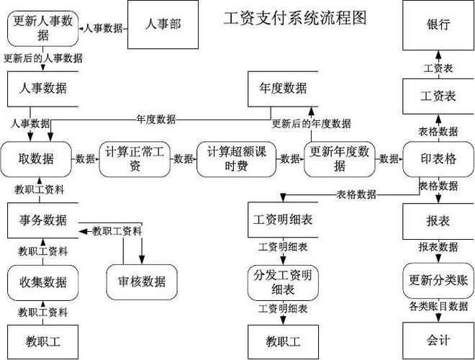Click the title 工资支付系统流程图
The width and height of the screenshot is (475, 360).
[295, 17]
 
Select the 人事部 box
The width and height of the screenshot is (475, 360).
[162, 24]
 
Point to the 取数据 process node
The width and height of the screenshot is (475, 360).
[37, 158]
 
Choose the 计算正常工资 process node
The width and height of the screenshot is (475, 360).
[135, 158]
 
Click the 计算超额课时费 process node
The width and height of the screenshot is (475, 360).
[237, 158]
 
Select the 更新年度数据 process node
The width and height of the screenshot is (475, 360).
[339, 158]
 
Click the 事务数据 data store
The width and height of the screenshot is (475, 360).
[43, 220]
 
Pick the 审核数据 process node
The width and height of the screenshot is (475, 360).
[142, 280]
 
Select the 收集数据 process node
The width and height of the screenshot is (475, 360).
[43, 281]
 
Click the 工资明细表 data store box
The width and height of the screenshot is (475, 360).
[283, 219]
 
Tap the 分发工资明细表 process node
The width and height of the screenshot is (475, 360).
[283, 281]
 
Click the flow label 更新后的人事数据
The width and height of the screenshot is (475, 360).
[42, 58]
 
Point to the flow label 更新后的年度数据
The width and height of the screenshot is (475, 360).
[311, 123]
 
